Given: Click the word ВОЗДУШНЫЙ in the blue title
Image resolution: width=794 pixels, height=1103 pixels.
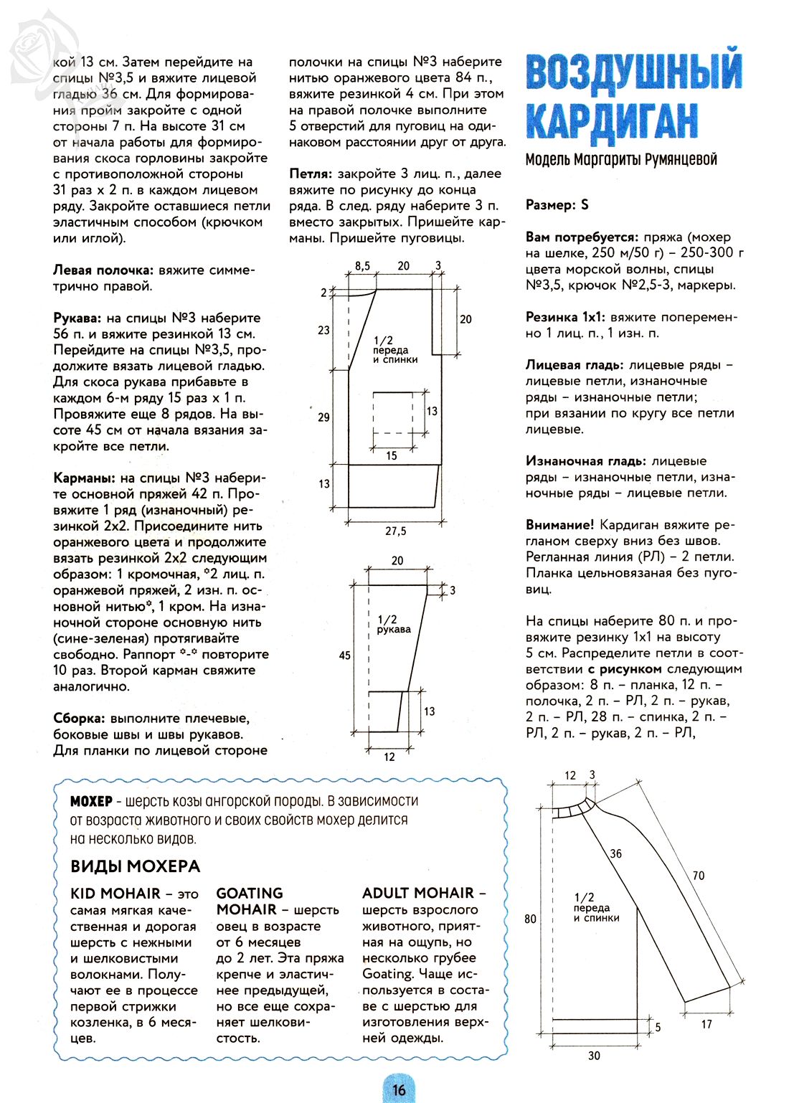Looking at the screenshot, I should [634, 73].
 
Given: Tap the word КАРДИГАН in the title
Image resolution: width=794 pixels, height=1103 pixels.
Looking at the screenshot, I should [612, 120].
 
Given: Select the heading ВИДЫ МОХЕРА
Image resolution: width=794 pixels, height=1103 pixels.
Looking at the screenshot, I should [135, 866].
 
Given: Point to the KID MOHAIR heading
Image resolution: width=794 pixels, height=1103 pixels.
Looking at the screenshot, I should [115, 894].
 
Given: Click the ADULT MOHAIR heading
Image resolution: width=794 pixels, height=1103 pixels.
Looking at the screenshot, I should [418, 894].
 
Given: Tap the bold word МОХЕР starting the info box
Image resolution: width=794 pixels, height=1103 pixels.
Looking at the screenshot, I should [91, 801].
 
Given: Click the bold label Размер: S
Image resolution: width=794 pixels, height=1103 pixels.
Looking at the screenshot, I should [557, 205].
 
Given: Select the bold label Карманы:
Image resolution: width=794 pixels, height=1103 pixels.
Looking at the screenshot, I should [84, 478].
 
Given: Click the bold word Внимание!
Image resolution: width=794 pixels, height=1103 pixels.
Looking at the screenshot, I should [559, 525].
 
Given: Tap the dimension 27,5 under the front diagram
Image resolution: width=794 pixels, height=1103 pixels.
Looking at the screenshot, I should [395, 531].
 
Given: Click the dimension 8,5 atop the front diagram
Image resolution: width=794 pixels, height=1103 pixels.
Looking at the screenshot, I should [363, 266].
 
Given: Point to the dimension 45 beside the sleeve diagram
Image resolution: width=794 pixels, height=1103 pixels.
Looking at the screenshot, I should [345, 655].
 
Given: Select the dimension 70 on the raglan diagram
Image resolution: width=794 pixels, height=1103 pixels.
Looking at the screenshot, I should [698, 876].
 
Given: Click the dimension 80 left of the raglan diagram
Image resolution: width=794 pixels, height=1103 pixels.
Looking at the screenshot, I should [530, 919].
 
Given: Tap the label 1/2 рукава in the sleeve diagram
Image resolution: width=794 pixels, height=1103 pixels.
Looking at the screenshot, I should [393, 624].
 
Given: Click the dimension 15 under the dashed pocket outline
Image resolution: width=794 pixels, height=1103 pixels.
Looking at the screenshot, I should [392, 455].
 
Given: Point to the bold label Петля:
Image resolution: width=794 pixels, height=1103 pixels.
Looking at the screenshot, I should [311, 174].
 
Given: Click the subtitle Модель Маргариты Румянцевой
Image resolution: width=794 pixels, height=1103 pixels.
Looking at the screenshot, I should [621, 159].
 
